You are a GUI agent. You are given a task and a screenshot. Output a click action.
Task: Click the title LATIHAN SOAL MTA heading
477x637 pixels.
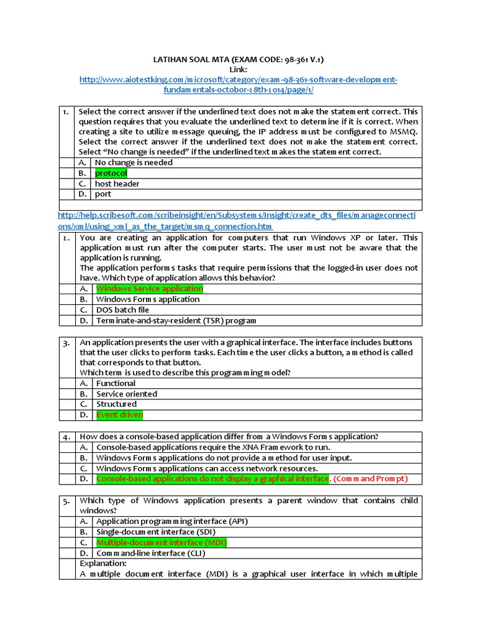(238, 60)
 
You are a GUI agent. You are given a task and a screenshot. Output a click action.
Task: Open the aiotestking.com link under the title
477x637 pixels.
(238, 80)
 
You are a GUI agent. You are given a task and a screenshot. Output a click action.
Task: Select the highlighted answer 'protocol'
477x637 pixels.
(111, 173)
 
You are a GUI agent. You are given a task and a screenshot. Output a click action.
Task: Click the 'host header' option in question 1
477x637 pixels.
(117, 184)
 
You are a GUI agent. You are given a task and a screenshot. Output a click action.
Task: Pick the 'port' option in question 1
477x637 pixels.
(103, 194)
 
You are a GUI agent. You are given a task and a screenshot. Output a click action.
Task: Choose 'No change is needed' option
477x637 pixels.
(134, 162)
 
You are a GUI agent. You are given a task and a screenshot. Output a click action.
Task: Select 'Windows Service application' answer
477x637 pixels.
(149, 289)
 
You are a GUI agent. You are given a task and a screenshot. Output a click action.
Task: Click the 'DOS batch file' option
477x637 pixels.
(122, 310)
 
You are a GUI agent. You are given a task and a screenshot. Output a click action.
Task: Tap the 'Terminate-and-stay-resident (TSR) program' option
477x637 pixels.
(176, 320)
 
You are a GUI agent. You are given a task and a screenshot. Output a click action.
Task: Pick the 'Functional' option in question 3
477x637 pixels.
(116, 383)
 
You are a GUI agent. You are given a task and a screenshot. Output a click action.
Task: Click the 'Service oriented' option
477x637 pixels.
(127, 394)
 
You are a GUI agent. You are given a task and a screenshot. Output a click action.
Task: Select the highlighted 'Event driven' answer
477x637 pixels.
(119, 415)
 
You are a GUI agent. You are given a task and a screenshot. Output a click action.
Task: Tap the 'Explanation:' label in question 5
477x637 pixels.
(103, 564)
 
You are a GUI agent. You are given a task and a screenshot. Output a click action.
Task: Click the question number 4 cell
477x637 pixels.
(67, 436)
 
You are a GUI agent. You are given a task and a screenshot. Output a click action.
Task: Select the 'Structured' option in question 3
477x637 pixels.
(116, 404)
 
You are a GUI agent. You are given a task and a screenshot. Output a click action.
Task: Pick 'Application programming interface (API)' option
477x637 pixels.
(172, 521)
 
